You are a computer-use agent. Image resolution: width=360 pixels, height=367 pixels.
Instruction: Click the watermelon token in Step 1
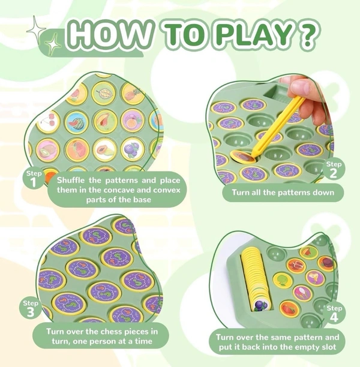click(76, 122)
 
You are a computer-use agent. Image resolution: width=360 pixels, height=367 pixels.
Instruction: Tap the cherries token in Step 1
click(48, 122)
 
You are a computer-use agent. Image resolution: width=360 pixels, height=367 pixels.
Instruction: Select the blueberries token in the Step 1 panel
click(133, 149)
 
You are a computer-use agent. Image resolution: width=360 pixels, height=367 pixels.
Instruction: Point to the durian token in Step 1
click(104, 94)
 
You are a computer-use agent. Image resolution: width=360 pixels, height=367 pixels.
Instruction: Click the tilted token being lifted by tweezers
click(243, 156)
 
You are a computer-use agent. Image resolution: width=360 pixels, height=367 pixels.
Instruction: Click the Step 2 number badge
click(333, 170)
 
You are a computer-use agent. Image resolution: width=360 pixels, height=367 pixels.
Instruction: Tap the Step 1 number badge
click(34, 179)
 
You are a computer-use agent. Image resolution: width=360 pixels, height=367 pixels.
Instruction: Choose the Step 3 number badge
click(30, 309)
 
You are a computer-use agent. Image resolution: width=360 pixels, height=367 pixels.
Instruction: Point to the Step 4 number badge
click(334, 314)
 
